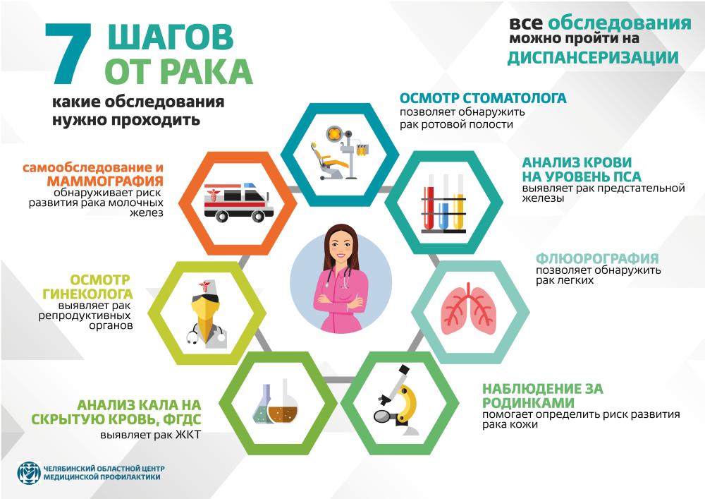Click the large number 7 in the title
click(69, 54)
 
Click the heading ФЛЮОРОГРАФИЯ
click(597, 259)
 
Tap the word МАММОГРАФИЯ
click(105, 181)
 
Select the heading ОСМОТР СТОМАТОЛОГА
click(483, 98)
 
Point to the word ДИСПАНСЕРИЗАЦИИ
click(593, 58)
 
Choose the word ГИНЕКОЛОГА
click(87, 294)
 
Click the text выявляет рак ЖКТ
click(151, 435)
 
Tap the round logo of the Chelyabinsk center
click(29, 473)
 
